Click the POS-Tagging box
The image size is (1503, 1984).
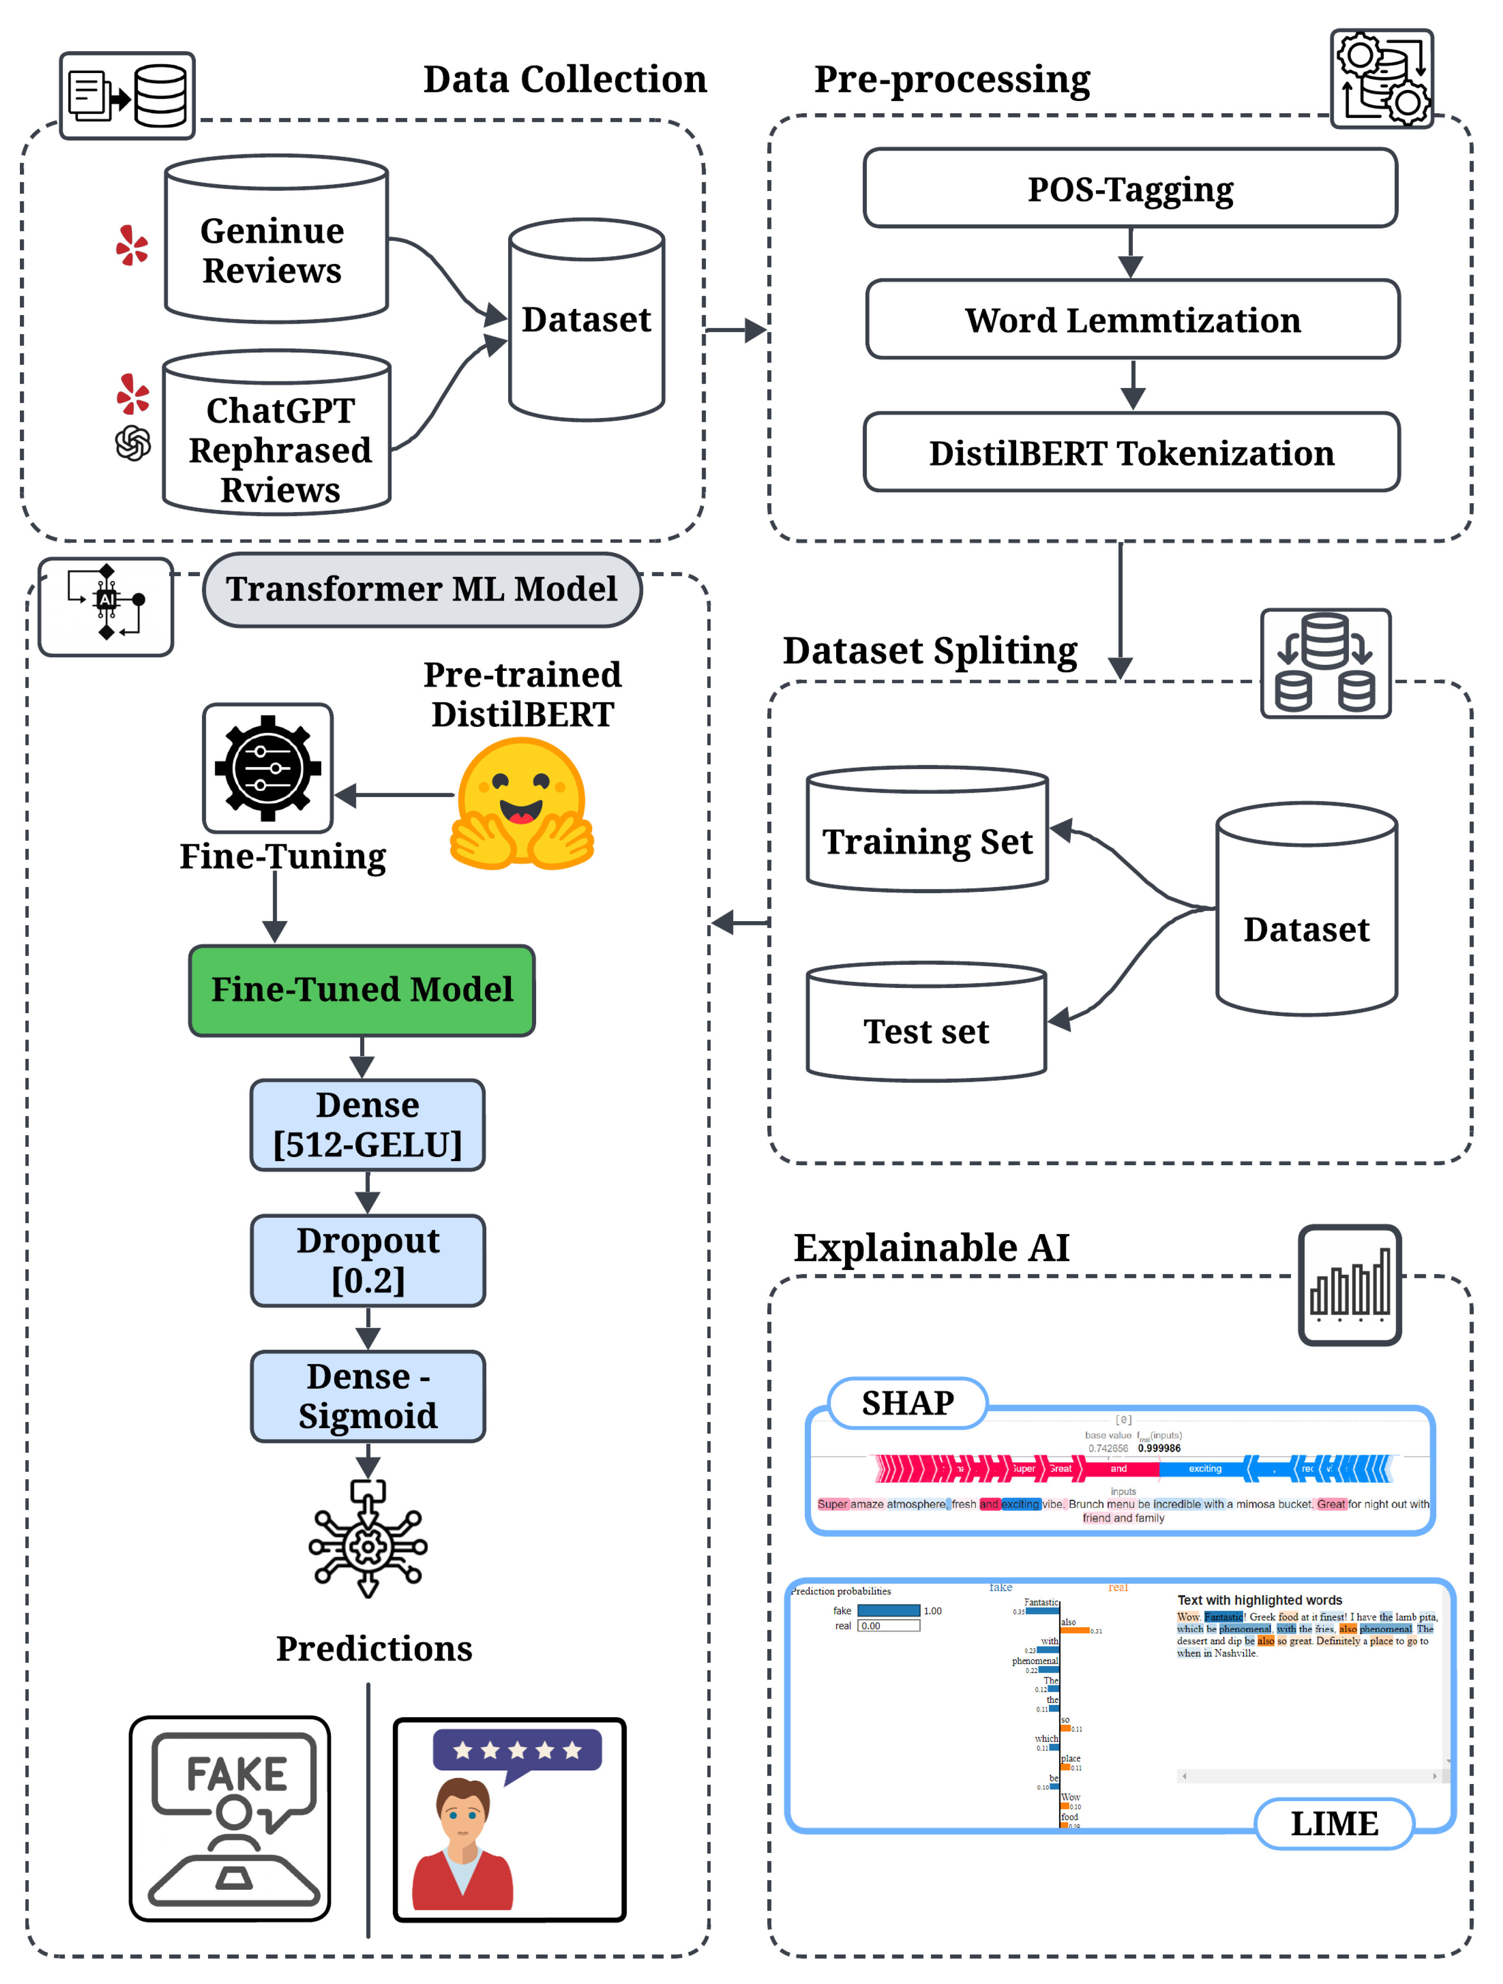point(1130,189)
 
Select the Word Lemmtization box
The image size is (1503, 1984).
point(1132,319)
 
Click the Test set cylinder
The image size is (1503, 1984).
point(926,1023)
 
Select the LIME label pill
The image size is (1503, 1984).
point(1333,1823)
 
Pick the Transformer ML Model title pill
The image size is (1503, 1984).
point(422,589)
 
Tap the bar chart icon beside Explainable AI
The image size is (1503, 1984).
point(1349,1285)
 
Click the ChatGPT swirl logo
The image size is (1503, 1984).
point(133,443)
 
